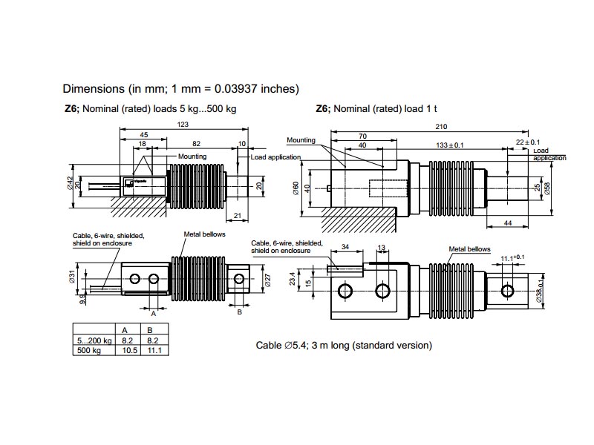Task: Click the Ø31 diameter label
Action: click(71, 275)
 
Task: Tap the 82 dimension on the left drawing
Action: click(196, 142)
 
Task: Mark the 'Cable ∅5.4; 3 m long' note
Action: click(344, 346)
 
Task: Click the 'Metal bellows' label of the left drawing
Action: click(204, 234)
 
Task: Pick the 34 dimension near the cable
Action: click(345, 247)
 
